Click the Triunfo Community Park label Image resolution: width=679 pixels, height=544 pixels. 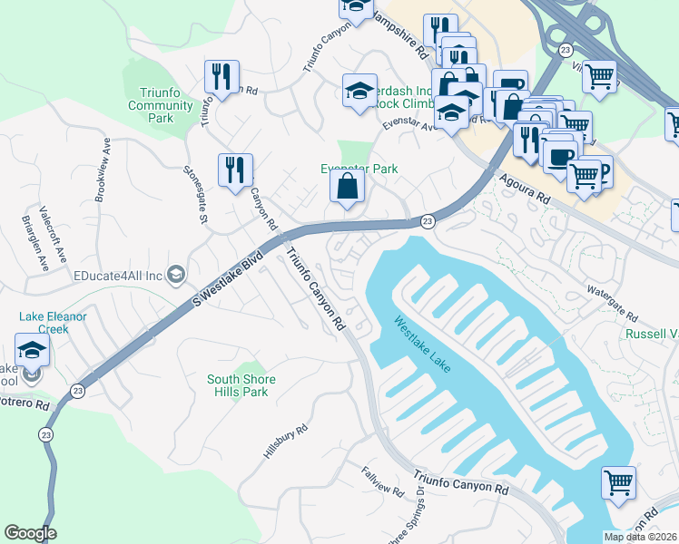[x=161, y=105]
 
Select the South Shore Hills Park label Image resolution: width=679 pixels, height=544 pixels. [x=241, y=385]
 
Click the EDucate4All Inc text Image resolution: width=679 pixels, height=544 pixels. [x=117, y=275]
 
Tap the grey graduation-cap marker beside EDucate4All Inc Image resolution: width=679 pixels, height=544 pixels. [x=176, y=275]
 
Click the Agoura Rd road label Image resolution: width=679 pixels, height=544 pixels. [x=526, y=187]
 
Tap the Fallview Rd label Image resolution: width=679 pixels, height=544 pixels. [x=381, y=481]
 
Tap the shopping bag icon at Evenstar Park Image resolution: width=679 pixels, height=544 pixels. [x=348, y=188]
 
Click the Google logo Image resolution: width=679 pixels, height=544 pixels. [x=30, y=533]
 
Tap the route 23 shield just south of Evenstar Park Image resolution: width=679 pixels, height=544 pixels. [x=426, y=221]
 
